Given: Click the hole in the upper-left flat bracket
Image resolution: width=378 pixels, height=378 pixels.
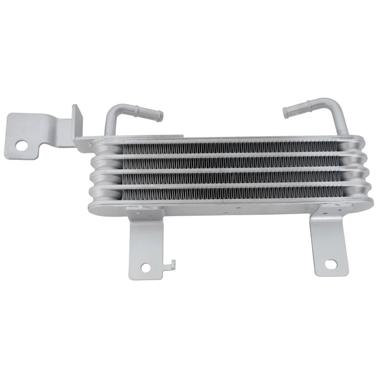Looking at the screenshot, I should click(21, 146).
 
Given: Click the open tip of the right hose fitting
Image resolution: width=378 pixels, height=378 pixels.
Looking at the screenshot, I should click(286, 113).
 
